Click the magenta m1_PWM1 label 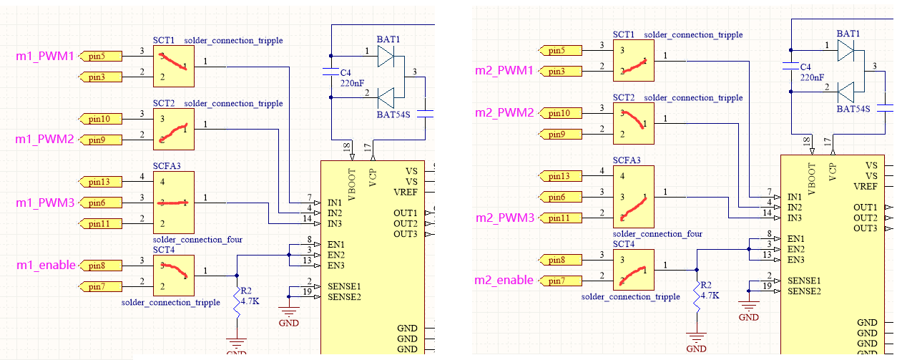click(45, 56)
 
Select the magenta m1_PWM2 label click(45, 139)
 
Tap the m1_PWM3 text click(45, 203)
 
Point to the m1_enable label click(46, 266)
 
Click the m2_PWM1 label click(504, 70)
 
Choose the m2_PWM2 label click(504, 113)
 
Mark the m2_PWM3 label click(504, 218)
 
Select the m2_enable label click(504, 280)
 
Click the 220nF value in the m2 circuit click(812, 77)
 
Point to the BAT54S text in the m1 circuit click(393, 115)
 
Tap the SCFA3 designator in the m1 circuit click(167, 166)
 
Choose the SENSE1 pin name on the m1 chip click(344, 286)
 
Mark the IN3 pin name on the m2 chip click(795, 218)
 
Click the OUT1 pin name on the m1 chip click(405, 213)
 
